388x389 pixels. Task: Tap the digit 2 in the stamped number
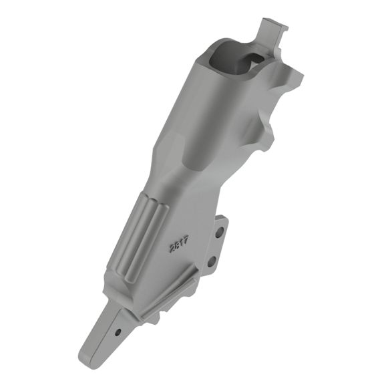(x=172, y=249)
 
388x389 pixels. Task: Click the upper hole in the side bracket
(x=220, y=232)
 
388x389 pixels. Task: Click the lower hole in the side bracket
(x=212, y=261)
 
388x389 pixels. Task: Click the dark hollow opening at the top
(x=230, y=56)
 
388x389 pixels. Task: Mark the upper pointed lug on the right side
(x=295, y=78)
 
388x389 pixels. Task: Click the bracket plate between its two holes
(x=216, y=247)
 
